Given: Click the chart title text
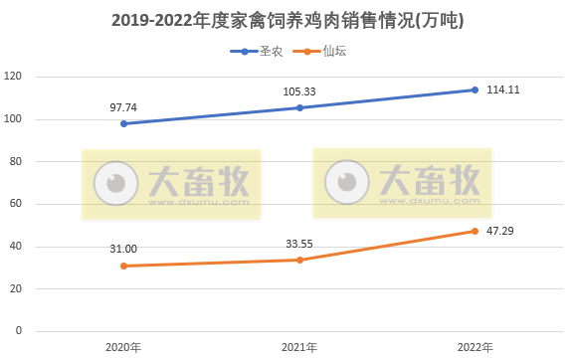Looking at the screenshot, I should click(287, 20).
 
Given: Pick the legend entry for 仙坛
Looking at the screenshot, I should click(334, 50).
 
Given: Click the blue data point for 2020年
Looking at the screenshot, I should click(123, 123).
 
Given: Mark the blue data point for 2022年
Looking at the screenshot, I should click(475, 90).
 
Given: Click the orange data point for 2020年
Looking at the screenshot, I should click(123, 266).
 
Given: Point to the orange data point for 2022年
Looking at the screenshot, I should click(475, 231).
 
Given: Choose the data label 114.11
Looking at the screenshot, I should click(503, 90).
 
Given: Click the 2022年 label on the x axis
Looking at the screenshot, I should click(475, 347).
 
